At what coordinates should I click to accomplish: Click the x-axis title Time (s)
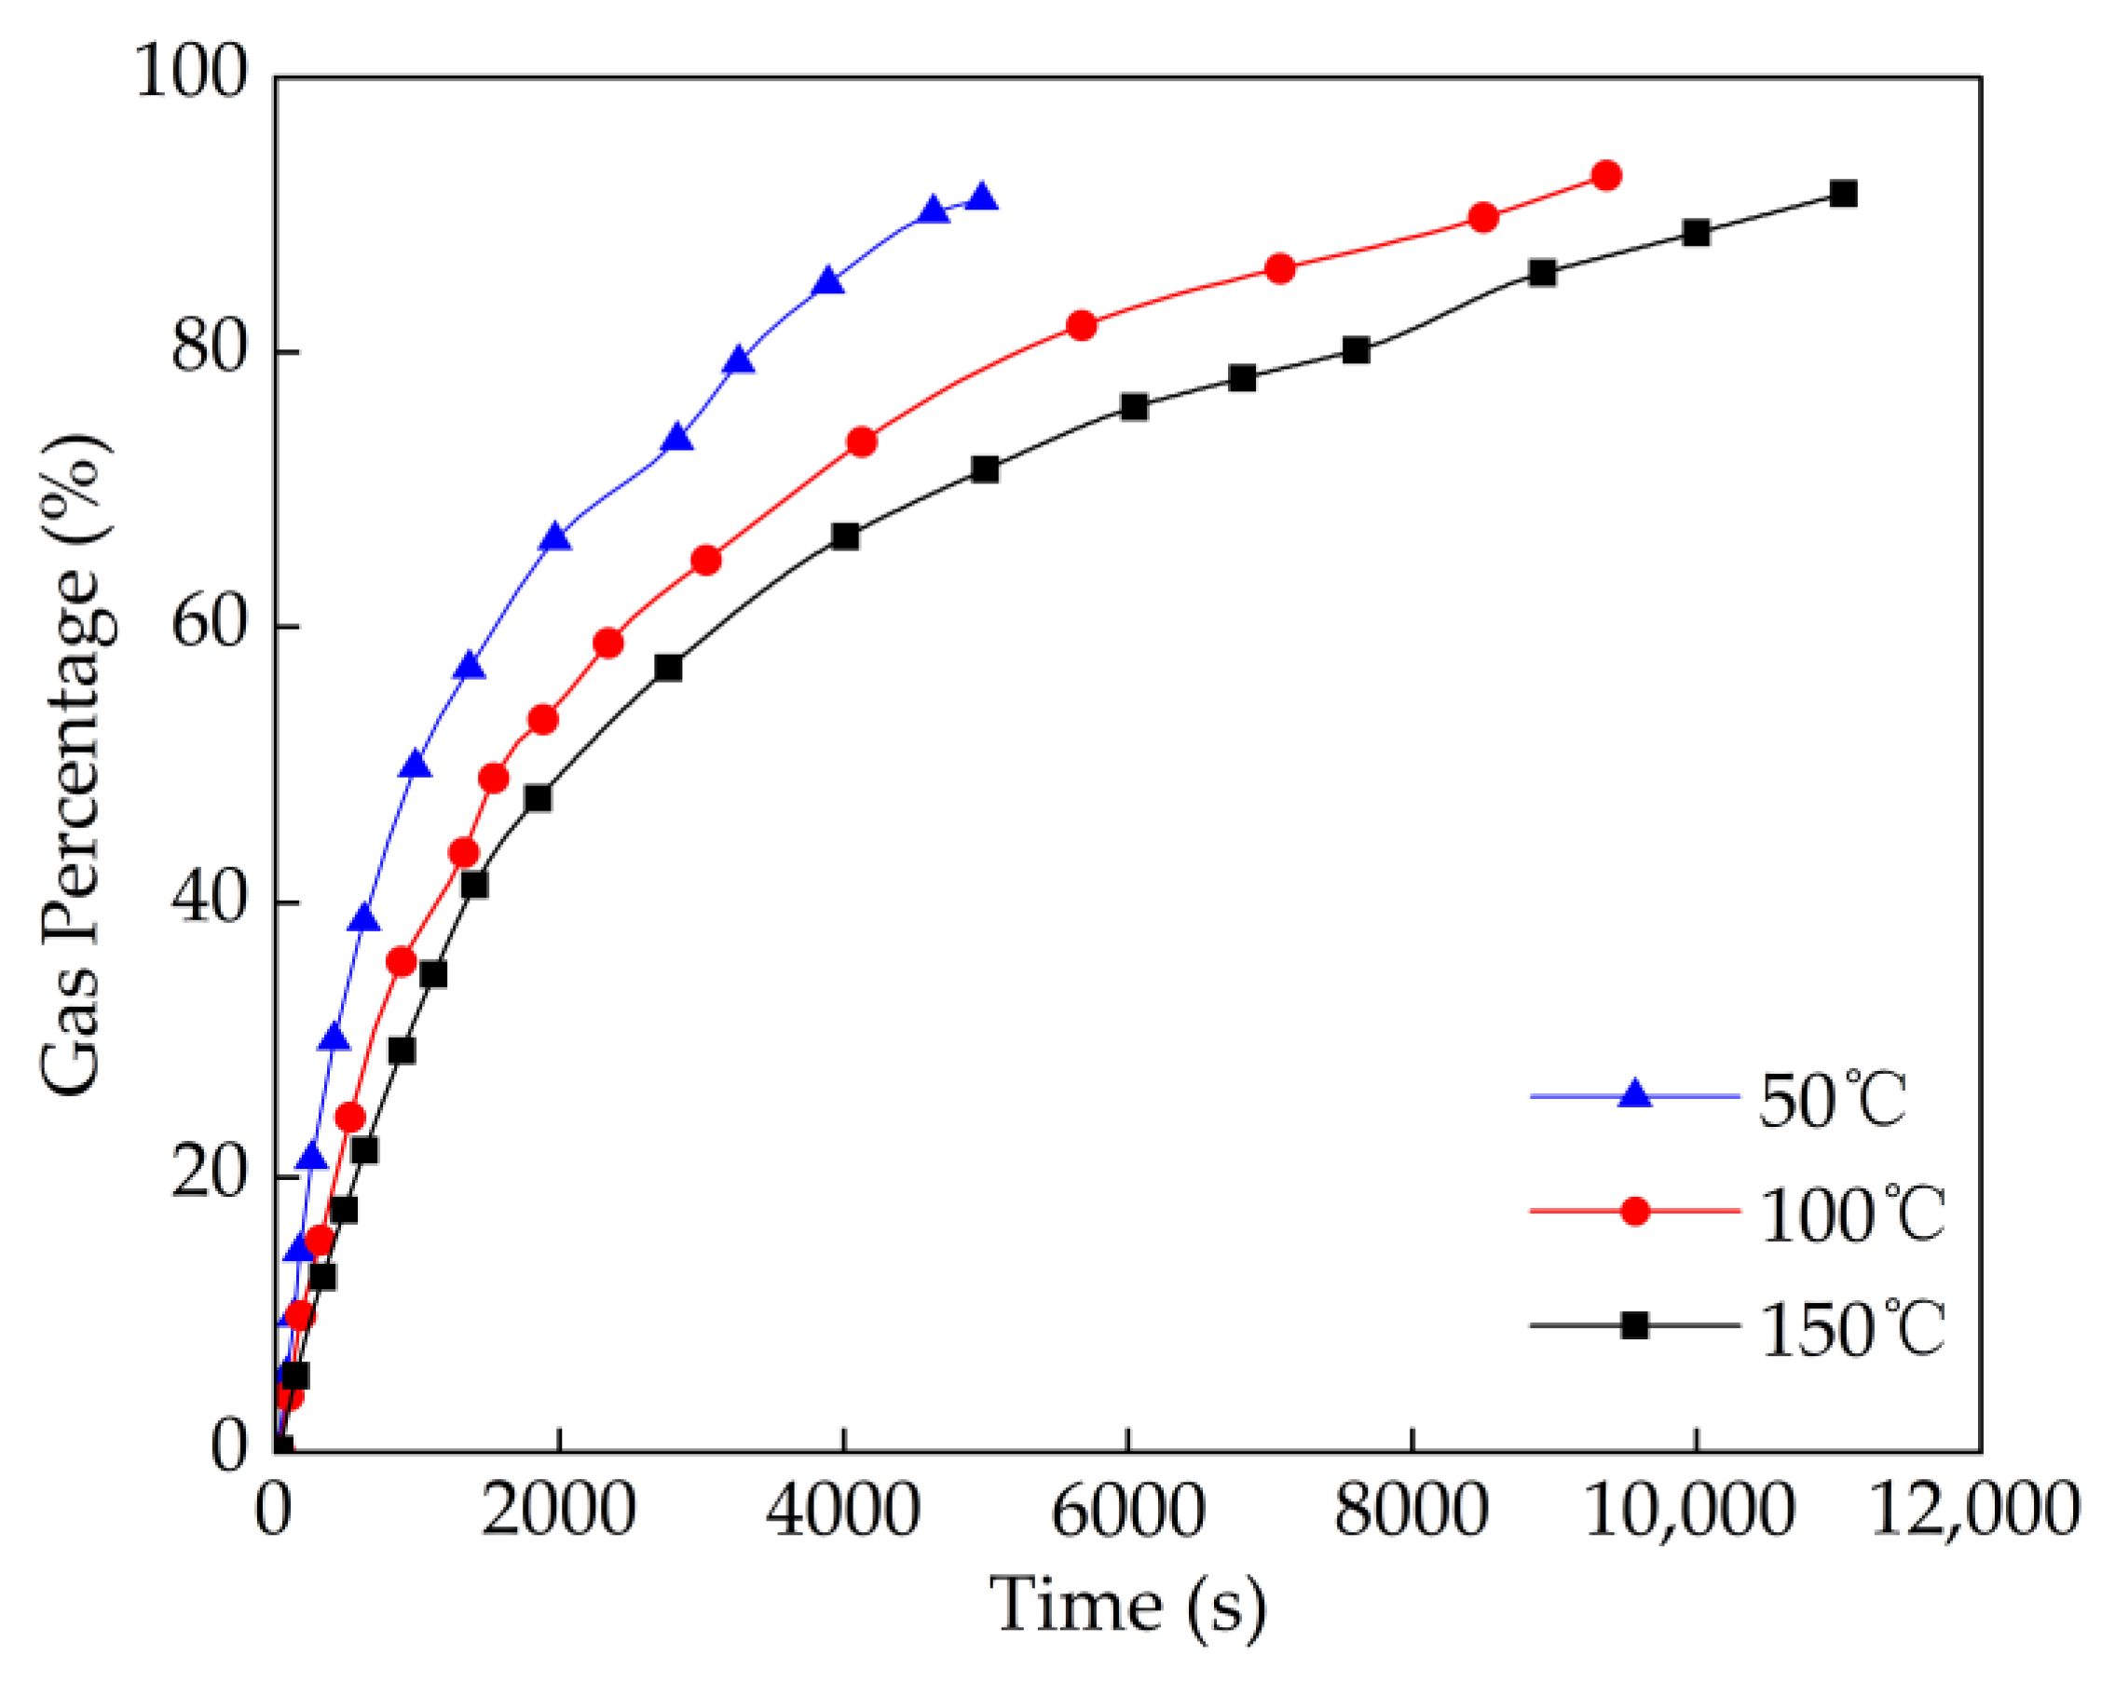(1127, 1606)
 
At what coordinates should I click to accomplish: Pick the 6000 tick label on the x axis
(1127, 1510)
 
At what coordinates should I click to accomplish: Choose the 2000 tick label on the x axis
(558, 1510)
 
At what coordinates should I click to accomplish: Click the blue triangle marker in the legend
(1634, 1094)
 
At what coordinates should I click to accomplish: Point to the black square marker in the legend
(1634, 1326)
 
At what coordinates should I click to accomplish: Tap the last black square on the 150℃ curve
(1843, 195)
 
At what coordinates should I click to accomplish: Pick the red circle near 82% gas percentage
(1082, 326)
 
